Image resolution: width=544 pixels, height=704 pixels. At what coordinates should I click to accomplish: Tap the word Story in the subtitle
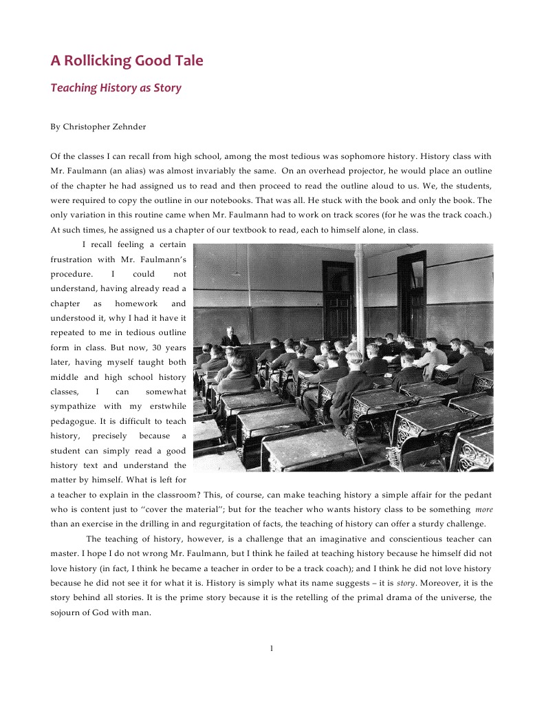click(x=168, y=88)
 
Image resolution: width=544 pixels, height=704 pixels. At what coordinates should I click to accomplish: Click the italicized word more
click(x=484, y=510)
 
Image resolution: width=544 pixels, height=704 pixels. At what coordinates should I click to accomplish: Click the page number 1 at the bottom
click(x=272, y=648)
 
